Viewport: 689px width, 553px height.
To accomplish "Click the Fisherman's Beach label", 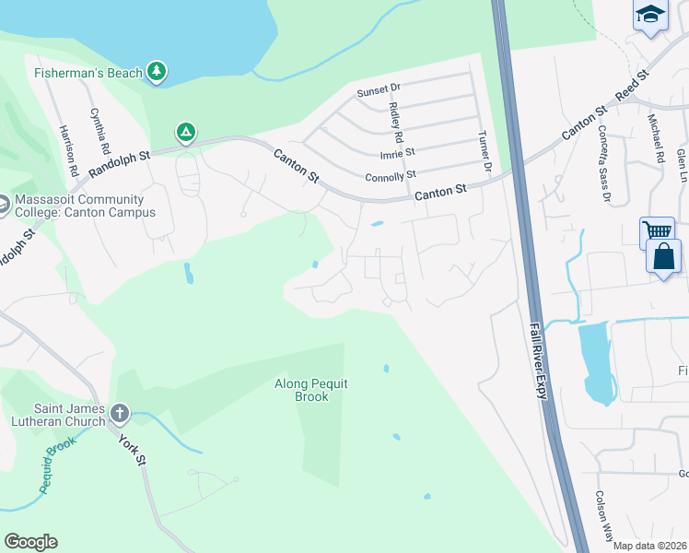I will click(88, 73).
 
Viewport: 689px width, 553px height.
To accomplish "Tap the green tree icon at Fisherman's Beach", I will click(158, 71).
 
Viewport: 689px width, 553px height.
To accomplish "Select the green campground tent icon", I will click(186, 133).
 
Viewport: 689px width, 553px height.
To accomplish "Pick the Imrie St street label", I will click(397, 152).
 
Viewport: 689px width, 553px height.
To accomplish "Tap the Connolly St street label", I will click(391, 174).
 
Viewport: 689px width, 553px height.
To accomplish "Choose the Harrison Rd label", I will click(67, 146).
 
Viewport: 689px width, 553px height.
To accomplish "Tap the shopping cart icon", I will click(657, 231).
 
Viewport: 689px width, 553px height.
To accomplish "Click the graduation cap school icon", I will click(649, 14).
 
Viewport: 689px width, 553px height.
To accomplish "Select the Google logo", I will click(30, 542).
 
